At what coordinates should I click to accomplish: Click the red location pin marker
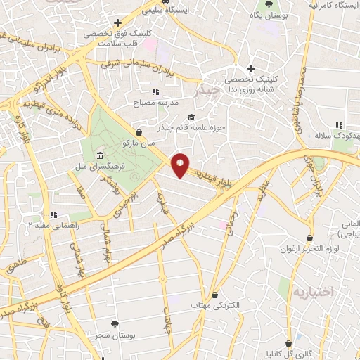coord(181,165)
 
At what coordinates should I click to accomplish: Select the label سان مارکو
coord(139,143)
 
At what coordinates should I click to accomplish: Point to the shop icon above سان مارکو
coord(139,131)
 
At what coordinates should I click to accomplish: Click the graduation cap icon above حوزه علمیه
coord(190,117)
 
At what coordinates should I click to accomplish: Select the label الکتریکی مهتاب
coord(216,306)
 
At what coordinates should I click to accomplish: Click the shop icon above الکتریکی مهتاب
coord(215,295)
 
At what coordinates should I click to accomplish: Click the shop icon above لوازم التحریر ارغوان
coord(309,238)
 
